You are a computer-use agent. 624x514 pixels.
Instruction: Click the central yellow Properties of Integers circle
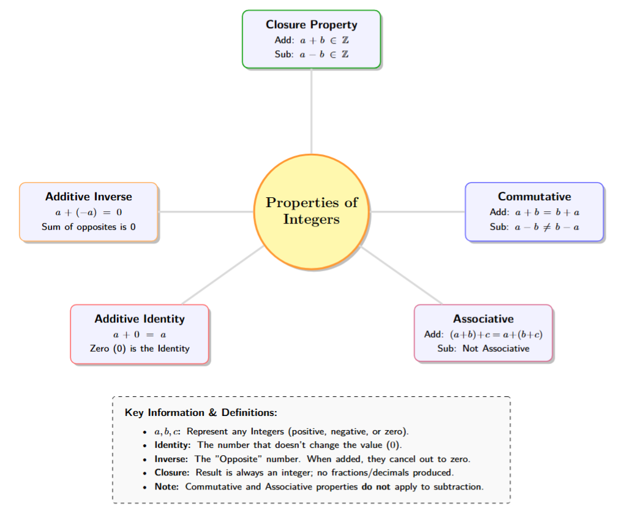click(x=312, y=211)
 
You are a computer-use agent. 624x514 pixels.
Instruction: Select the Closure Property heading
click(x=311, y=25)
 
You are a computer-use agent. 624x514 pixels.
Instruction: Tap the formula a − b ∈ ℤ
click(x=325, y=54)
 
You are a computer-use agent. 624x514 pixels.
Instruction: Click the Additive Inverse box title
click(x=88, y=197)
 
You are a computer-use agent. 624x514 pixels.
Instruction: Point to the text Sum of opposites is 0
click(x=88, y=227)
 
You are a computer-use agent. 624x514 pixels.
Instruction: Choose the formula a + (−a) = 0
click(x=89, y=212)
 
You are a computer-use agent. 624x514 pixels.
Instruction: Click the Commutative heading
click(x=534, y=197)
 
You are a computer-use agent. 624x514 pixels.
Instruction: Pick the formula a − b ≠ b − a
click(x=547, y=227)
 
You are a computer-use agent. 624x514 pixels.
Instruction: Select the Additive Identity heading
click(x=140, y=319)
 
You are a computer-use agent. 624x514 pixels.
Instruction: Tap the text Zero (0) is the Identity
click(x=140, y=349)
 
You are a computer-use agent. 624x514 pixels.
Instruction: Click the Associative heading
click(x=483, y=319)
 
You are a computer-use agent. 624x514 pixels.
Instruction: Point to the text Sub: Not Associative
click(x=483, y=349)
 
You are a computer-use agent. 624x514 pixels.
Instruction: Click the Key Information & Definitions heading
click(x=201, y=412)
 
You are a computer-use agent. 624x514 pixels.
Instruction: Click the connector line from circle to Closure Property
click(x=312, y=110)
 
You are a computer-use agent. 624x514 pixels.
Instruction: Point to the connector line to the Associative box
click(x=401, y=276)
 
